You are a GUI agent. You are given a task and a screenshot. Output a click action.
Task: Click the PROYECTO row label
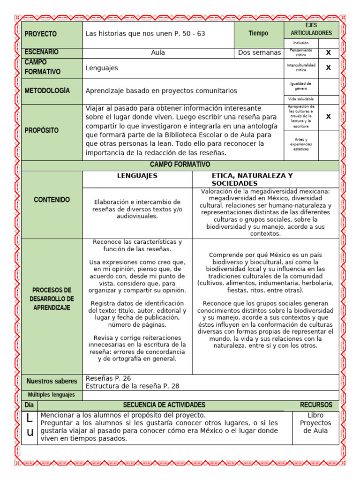tap(40, 34)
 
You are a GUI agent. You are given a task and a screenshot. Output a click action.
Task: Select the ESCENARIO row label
tap(42, 52)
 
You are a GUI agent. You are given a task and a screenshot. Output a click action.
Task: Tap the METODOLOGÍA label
tap(47, 90)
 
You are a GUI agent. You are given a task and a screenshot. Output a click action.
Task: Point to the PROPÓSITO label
tap(43, 130)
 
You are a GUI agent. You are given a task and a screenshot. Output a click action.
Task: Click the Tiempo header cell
tap(258, 33)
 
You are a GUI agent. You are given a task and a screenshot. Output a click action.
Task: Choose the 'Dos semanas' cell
tap(259, 52)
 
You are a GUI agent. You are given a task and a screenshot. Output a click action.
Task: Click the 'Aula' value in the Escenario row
tap(158, 52)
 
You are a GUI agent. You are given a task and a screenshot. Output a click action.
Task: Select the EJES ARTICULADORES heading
tap(311, 30)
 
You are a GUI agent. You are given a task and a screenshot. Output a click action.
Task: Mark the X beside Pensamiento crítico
tap(328, 52)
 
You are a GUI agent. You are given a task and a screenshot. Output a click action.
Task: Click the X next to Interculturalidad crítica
tap(328, 67)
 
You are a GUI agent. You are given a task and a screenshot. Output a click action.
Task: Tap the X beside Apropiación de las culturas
tap(328, 116)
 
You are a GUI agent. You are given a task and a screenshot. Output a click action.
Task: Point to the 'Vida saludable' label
tap(301, 99)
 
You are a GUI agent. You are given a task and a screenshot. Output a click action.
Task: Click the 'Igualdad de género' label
tap(301, 85)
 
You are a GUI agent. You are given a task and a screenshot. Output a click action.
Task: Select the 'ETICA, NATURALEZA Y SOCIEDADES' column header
tap(252, 179)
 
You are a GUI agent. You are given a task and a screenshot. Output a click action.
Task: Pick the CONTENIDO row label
tap(52, 200)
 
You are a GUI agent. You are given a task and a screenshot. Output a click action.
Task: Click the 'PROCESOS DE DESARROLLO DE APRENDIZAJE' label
tap(52, 299)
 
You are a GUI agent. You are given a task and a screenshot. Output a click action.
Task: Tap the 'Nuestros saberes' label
tap(52, 382)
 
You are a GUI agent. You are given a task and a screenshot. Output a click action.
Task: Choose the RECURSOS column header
tap(316, 405)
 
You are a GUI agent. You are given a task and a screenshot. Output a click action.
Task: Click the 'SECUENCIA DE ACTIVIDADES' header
tap(164, 405)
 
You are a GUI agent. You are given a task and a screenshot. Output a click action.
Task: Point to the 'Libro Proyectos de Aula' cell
tap(315, 423)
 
